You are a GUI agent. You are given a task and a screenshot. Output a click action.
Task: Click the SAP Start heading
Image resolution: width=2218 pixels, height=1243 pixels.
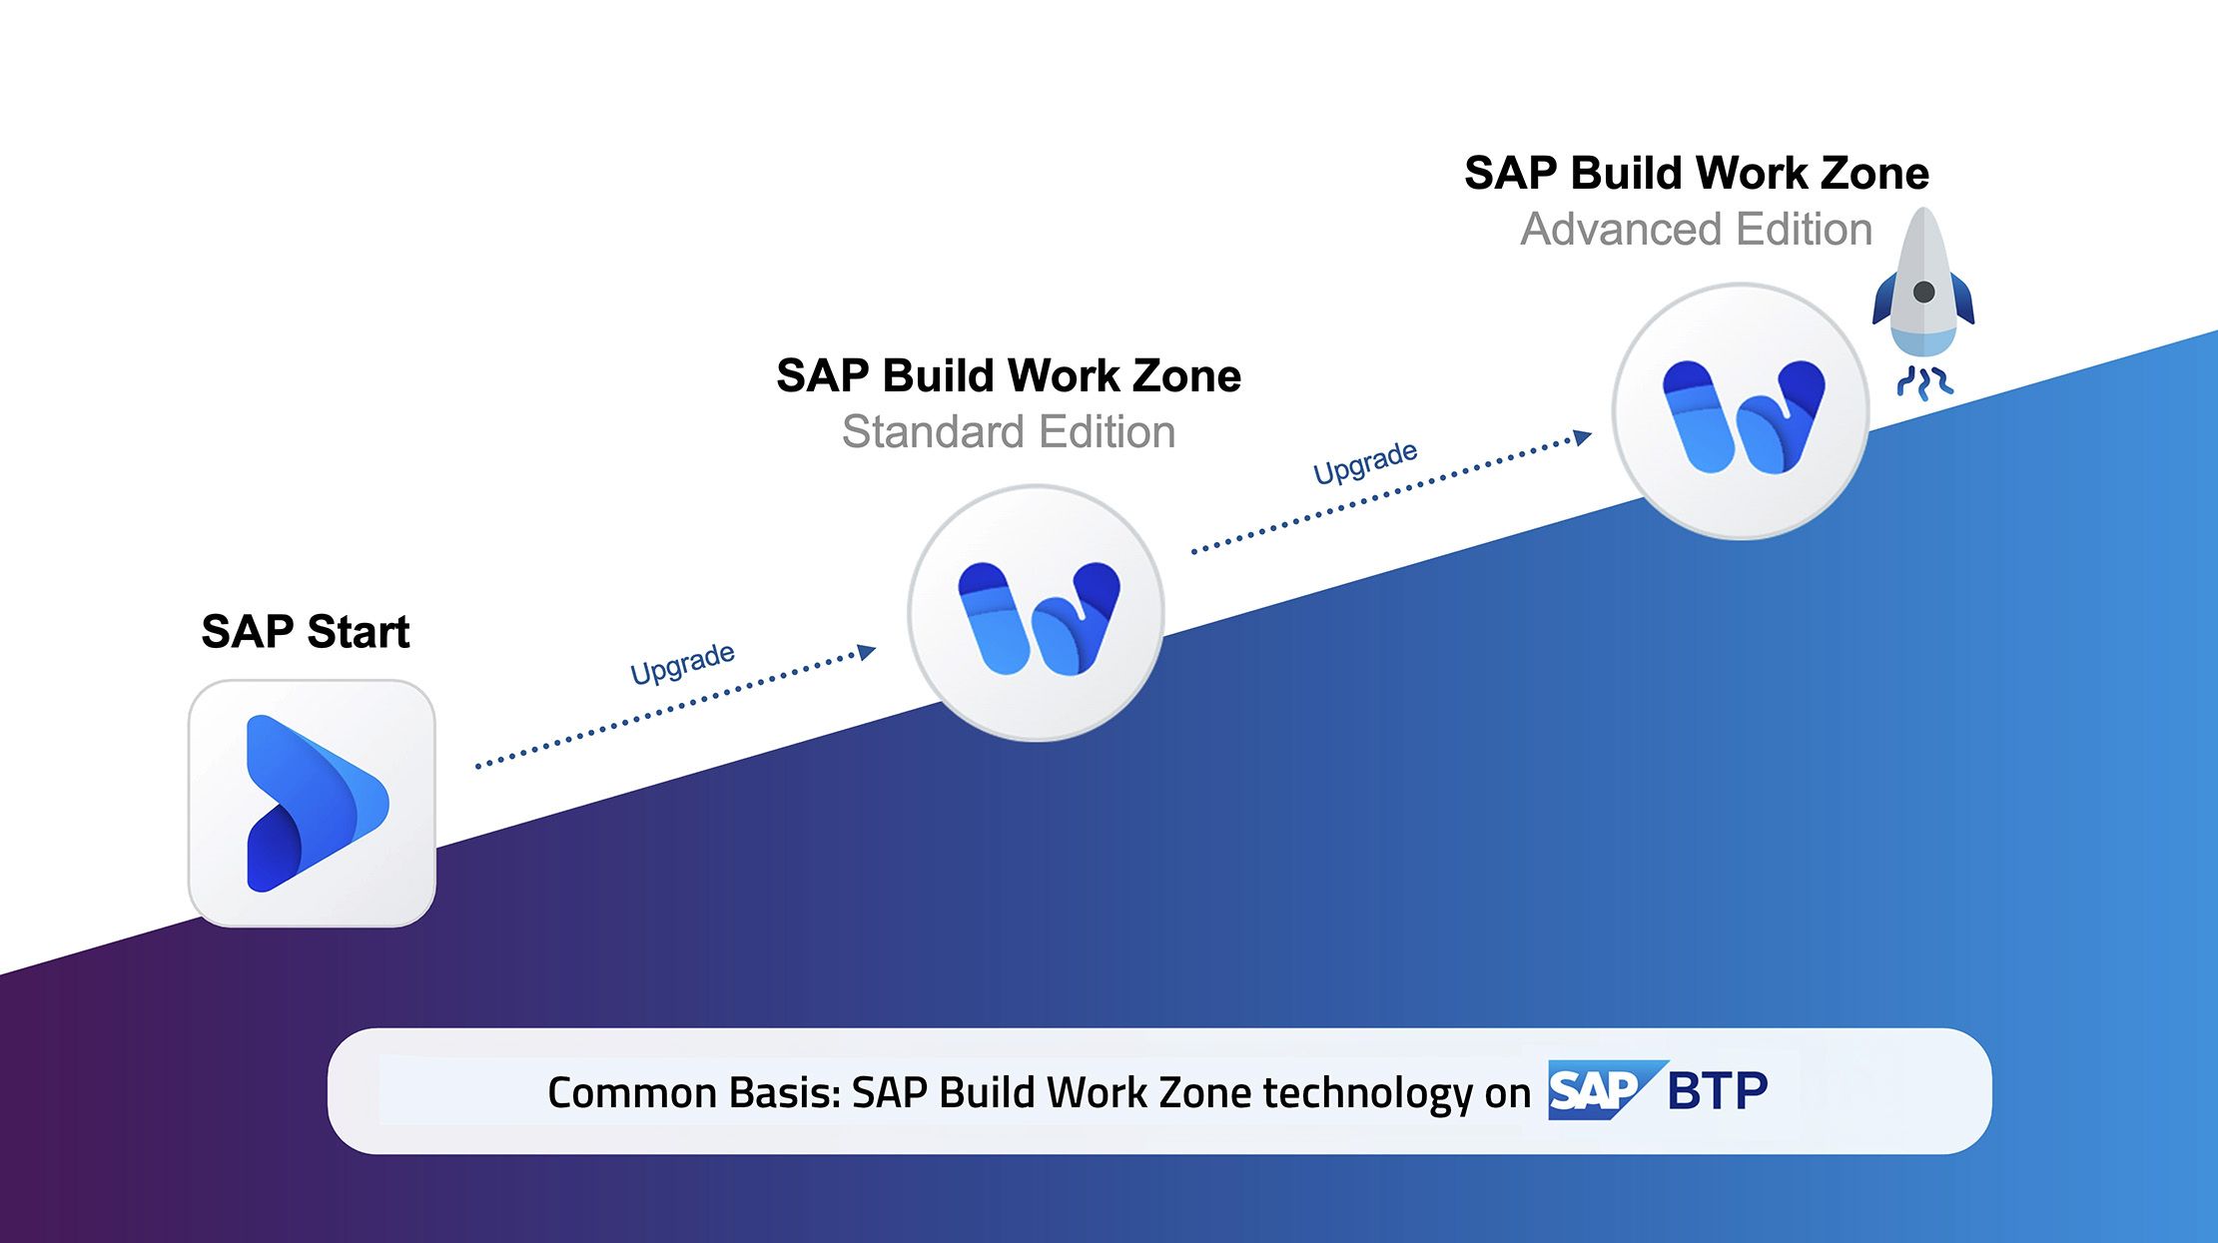[306, 632]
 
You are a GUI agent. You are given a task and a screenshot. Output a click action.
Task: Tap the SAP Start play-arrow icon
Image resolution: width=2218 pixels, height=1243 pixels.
[317, 804]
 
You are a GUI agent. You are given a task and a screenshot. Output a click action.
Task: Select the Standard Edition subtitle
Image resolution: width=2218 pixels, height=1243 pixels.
[1009, 432]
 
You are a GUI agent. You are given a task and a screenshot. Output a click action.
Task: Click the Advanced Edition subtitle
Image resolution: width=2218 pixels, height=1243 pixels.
[1696, 230]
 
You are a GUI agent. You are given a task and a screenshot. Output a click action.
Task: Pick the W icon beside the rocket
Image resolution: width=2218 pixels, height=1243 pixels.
[1743, 416]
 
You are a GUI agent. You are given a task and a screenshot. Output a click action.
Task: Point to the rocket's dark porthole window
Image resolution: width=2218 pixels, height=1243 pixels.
[1923, 293]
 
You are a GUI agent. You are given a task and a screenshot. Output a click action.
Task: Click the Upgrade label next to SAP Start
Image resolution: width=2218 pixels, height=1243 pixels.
[683, 663]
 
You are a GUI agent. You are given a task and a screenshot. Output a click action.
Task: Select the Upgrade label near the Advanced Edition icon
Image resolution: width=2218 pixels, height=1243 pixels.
[1365, 462]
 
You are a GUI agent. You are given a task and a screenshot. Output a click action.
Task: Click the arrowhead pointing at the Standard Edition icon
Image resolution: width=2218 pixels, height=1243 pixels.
[867, 652]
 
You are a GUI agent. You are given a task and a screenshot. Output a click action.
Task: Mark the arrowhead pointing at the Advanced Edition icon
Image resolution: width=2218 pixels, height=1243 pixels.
[1583, 437]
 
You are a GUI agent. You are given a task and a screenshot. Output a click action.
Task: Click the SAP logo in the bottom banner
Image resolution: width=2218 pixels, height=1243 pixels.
[1607, 1090]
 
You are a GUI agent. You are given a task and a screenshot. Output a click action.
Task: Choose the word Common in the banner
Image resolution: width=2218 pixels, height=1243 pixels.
[631, 1092]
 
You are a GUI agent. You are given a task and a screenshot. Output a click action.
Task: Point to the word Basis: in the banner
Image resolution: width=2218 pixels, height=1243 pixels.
[785, 1092]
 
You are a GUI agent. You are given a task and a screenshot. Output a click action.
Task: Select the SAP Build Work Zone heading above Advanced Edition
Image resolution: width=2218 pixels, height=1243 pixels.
[1697, 174]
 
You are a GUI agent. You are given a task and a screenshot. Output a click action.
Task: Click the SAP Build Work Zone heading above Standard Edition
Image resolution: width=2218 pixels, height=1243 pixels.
[1009, 376]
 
